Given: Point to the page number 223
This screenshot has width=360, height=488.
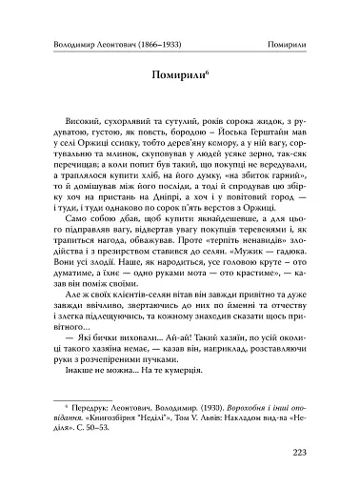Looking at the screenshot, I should [x=309, y=451].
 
